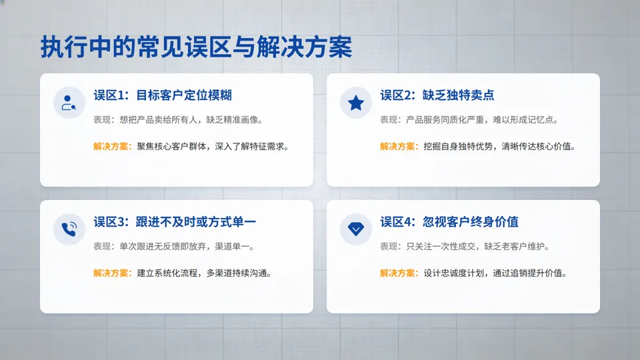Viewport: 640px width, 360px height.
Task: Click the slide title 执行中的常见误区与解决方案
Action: coord(196,48)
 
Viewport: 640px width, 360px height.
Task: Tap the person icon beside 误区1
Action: coord(69,103)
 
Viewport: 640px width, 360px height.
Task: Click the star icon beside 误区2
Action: coord(356,103)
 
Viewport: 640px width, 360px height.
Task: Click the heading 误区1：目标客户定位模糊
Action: coord(163,95)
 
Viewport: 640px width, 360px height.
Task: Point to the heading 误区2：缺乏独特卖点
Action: coord(437,95)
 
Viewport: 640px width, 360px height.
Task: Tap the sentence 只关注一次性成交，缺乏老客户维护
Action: coord(478,247)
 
